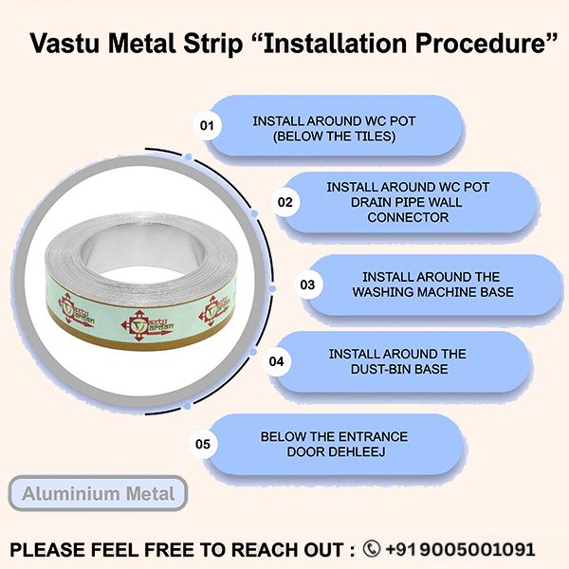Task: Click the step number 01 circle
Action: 207,125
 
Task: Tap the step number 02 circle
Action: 285,202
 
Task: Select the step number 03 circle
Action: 307,284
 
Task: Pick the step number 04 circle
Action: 276,361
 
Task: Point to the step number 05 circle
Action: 203,444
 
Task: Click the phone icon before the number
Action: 372,549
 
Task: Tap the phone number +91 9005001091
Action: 460,549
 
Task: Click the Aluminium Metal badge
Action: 98,493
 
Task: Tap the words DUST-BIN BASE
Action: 399,369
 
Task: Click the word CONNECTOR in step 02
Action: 408,217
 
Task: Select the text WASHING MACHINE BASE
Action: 433,292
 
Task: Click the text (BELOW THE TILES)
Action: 334,137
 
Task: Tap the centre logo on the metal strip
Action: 147,325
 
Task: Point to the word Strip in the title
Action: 212,45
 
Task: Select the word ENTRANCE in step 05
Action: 373,436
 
